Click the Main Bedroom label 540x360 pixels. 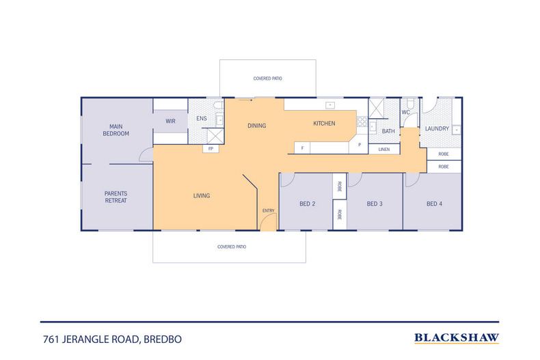(116, 130)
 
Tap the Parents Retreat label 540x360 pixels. (116, 197)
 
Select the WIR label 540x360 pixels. (170, 121)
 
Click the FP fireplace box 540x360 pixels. (211, 149)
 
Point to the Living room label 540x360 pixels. (202, 195)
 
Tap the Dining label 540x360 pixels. (257, 126)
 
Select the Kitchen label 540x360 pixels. (324, 123)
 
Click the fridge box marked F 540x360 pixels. (302, 148)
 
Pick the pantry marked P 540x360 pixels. (358, 146)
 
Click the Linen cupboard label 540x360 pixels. (384, 150)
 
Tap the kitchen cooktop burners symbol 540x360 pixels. (362, 122)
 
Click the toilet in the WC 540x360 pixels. (410, 103)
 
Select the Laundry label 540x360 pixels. (437, 128)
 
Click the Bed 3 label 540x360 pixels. (375, 204)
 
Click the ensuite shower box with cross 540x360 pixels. (215, 136)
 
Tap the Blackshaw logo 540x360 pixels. (457, 338)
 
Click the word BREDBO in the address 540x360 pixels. (163, 340)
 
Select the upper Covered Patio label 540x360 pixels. (267, 79)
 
